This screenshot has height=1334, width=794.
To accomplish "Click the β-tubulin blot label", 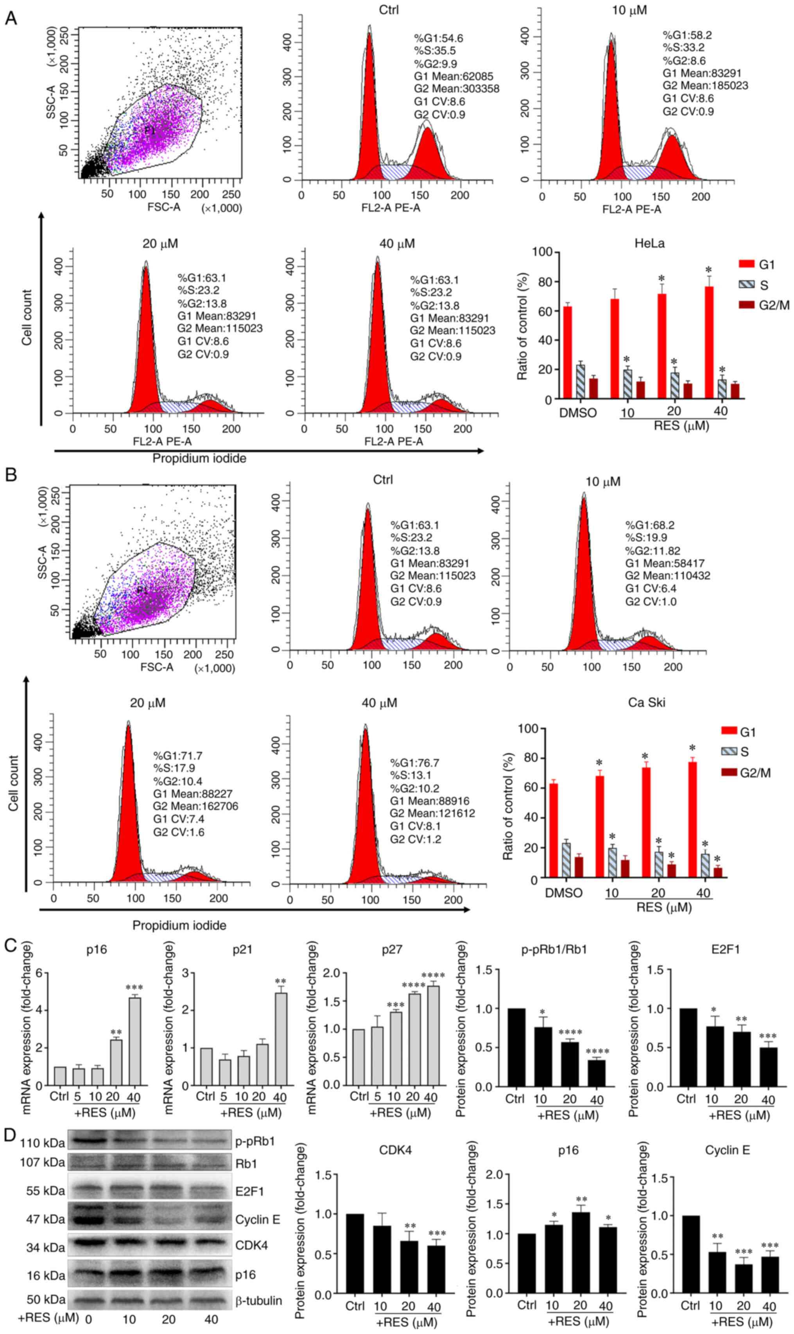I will pyautogui.click(x=258, y=1300).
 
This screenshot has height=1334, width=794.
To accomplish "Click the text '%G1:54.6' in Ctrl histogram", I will pyautogui.click(x=438, y=38).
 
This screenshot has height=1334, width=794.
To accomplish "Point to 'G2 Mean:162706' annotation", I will pyautogui.click(x=195, y=806).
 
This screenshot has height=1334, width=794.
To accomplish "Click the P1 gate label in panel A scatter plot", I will pyautogui.click(x=151, y=129).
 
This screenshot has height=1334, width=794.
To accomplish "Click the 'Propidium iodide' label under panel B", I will pyautogui.click(x=179, y=925).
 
